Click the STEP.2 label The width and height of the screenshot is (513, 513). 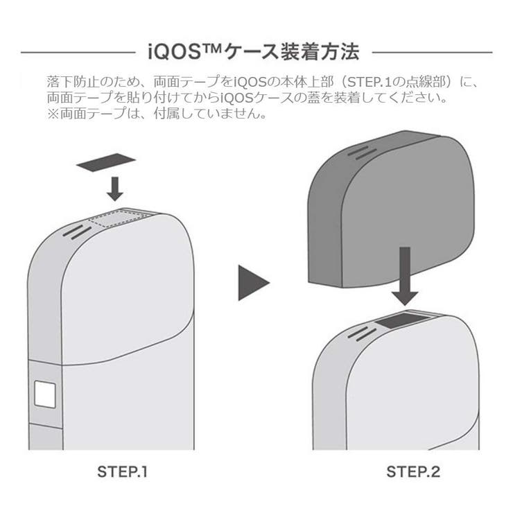pyautogui.click(x=413, y=473)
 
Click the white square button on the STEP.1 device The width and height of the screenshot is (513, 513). pyautogui.click(x=46, y=395)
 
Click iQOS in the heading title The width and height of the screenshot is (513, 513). pyautogui.click(x=172, y=52)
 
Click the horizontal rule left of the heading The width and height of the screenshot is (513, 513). pyautogui.click(x=76, y=53)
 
